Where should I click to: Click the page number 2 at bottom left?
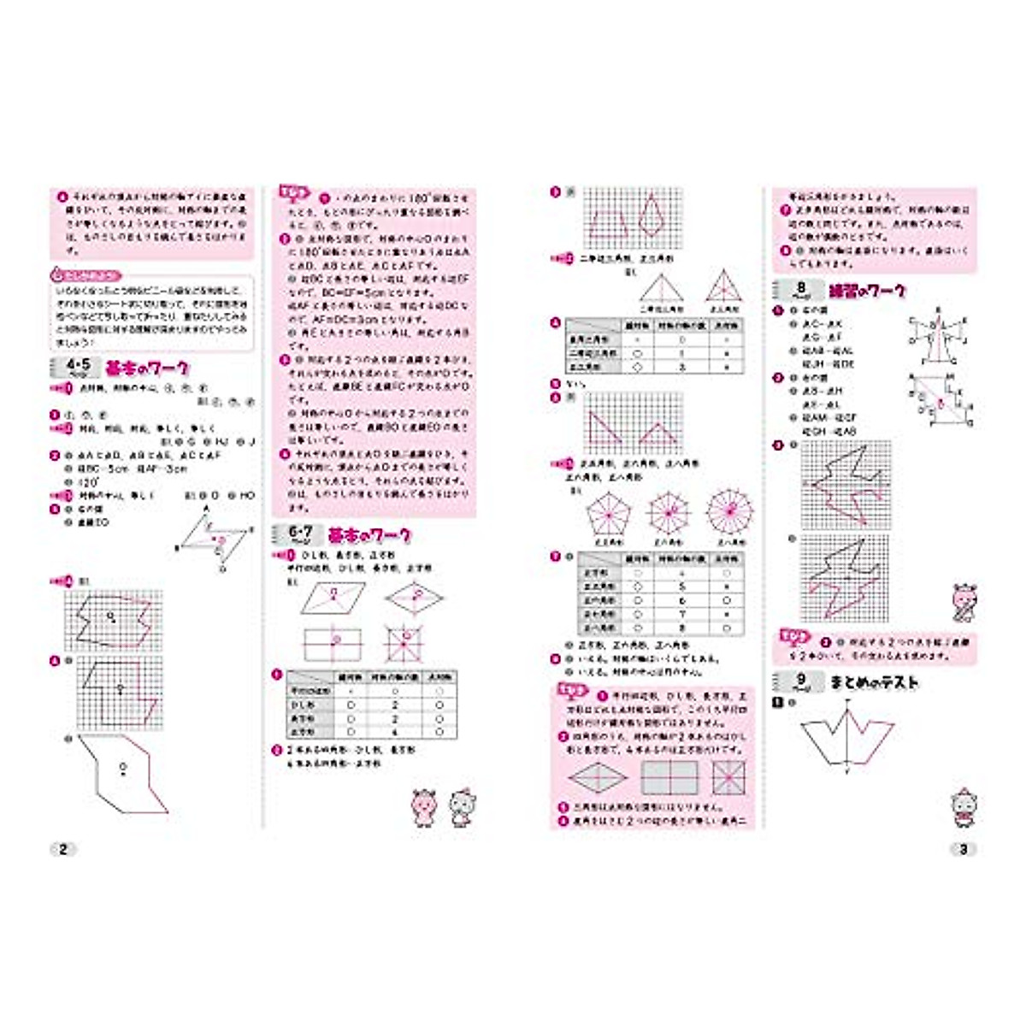pyautogui.click(x=63, y=849)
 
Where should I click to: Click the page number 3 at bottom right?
pyautogui.click(x=964, y=849)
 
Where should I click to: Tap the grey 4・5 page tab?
pyautogui.click(x=77, y=369)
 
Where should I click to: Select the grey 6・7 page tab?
pyautogui.click(x=299, y=535)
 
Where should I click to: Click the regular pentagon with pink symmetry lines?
pyautogui.click(x=609, y=515)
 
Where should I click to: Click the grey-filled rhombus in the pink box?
pyautogui.click(x=597, y=777)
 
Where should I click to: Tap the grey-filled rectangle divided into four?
pyautogui.click(x=670, y=777)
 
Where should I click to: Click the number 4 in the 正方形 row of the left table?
pyautogui.click(x=395, y=733)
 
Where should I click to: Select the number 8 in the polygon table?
pyautogui.click(x=682, y=627)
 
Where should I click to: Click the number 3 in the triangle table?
pyautogui.click(x=682, y=366)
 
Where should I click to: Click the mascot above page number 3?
pyautogui.click(x=964, y=808)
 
